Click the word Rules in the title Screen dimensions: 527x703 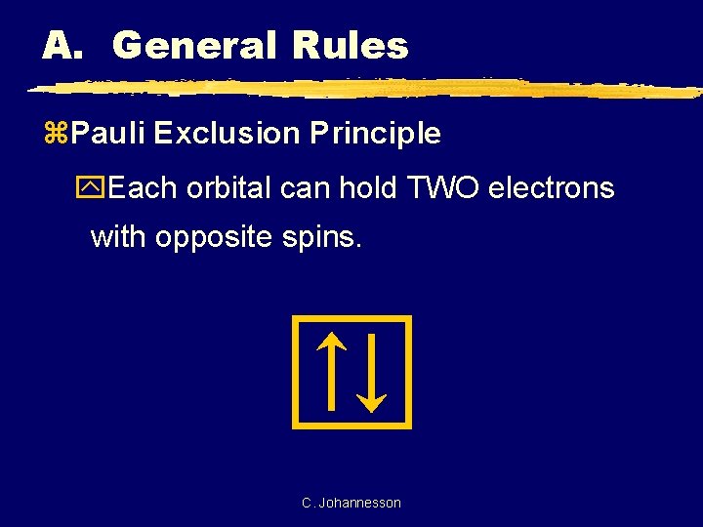(x=349, y=45)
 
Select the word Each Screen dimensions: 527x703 (x=144, y=187)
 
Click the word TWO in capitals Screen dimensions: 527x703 (x=439, y=187)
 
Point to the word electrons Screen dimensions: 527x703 (x=551, y=187)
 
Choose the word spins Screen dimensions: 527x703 (x=329, y=238)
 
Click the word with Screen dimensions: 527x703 (x=119, y=237)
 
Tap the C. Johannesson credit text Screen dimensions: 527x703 (x=351, y=503)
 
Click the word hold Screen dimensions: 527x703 (x=366, y=187)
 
